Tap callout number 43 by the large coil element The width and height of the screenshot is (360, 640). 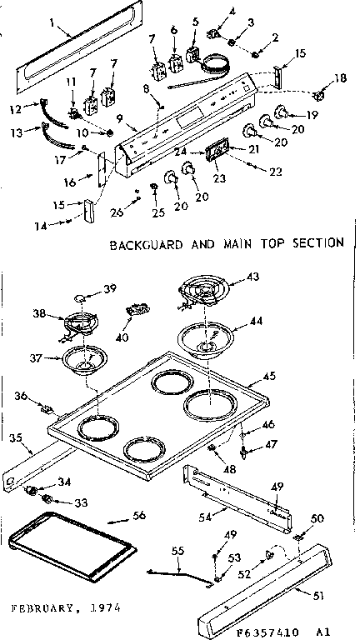click(252, 277)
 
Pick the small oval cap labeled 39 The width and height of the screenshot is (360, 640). click(81, 296)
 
